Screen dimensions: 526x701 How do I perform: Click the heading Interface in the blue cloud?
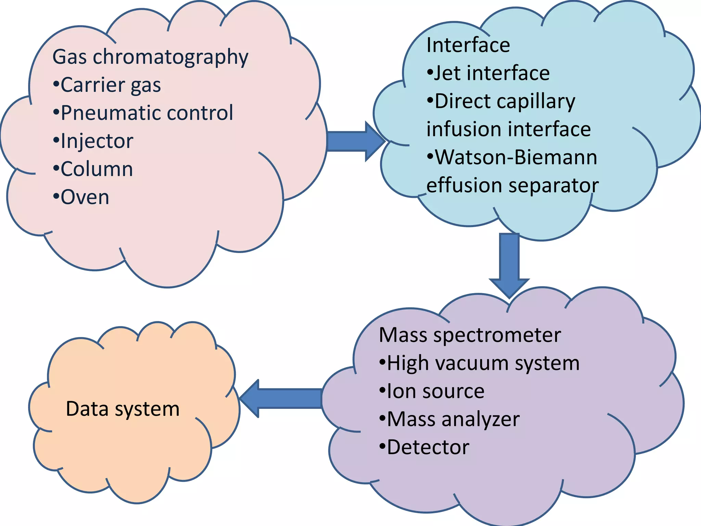click(x=468, y=45)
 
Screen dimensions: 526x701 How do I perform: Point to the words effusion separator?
click(x=512, y=186)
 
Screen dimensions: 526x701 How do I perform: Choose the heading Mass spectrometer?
click(x=470, y=335)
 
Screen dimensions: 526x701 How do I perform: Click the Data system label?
click(x=123, y=409)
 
